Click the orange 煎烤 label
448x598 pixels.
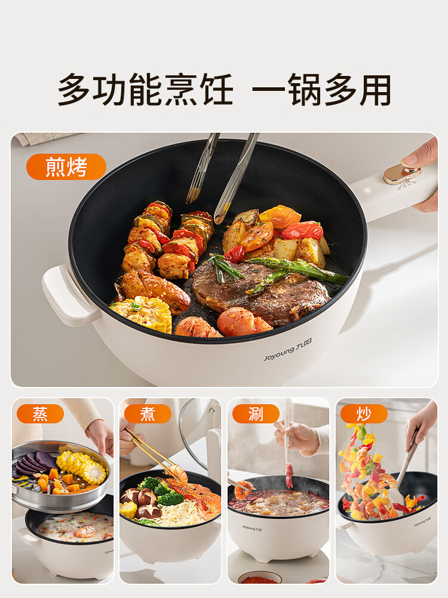pos(66,167)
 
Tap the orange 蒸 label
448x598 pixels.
pos(40,414)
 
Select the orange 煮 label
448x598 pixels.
pos(148,414)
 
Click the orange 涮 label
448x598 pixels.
pos(256,414)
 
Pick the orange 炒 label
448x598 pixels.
pos(364,414)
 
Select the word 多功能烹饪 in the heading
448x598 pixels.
pos(145,91)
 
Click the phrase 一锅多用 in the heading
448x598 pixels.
pos(321,91)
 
